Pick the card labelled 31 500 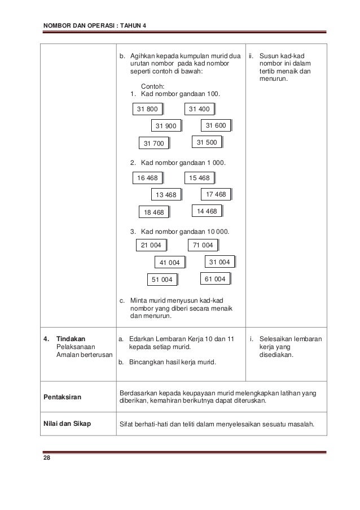click(x=207, y=142)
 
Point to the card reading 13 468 click(x=165, y=195)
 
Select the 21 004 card click(x=151, y=245)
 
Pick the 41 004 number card click(x=169, y=263)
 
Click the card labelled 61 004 click(x=216, y=279)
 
